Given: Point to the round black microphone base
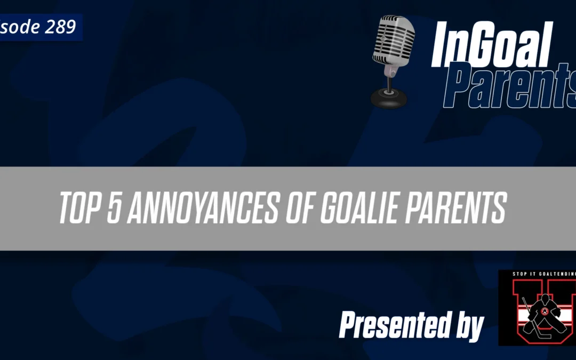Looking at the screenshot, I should click(x=388, y=99).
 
